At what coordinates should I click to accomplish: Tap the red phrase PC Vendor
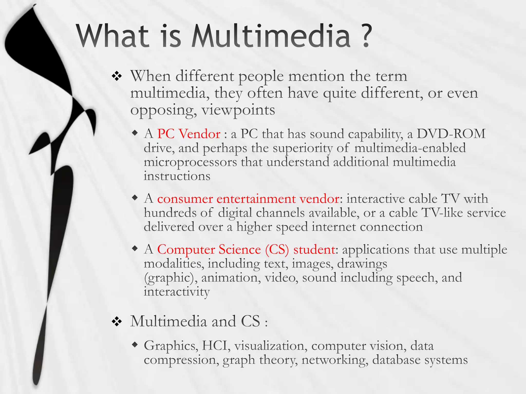click(x=189, y=134)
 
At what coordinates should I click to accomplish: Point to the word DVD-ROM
click(x=451, y=134)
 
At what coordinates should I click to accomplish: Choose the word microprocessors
click(x=190, y=162)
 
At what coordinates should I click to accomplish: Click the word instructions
click(x=177, y=176)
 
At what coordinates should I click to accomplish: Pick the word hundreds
click(x=170, y=213)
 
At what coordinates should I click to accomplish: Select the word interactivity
click(x=177, y=292)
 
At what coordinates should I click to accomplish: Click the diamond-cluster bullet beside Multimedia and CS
click(x=117, y=321)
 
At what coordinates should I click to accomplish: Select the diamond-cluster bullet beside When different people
click(x=117, y=76)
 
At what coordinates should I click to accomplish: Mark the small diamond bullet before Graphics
click(x=135, y=344)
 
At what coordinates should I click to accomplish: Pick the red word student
click(x=314, y=249)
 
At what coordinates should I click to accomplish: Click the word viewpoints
click(x=238, y=110)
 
